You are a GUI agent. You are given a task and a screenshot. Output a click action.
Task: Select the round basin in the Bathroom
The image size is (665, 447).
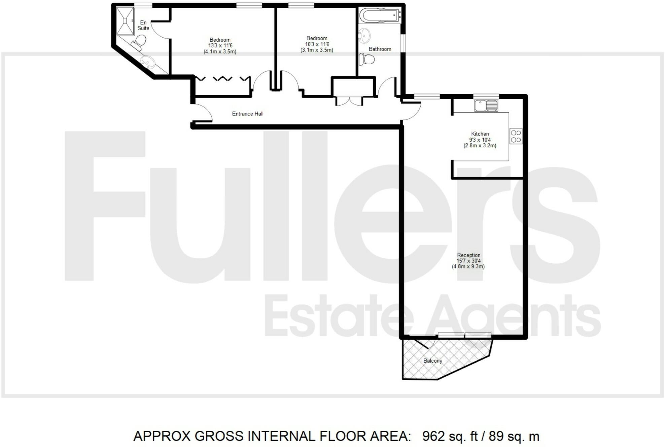pos(364,36)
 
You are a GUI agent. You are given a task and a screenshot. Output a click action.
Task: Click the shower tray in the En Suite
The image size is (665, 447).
pos(125,21)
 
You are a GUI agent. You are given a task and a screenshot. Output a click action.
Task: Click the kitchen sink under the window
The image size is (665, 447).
pos(486,106)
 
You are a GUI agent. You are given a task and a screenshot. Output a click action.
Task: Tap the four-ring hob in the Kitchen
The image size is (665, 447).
pos(516,136)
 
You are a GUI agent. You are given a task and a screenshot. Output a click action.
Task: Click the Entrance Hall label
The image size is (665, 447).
pos(248,114)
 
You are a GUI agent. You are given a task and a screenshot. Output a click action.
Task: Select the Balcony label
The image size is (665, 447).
pos(432,361)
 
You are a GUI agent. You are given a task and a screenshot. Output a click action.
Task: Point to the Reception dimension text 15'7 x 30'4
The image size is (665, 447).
pos(468,261)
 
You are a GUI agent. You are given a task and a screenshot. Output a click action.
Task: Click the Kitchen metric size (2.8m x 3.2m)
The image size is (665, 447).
pos(480,146)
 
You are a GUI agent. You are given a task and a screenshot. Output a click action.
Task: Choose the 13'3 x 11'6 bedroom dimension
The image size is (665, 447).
pos(220,46)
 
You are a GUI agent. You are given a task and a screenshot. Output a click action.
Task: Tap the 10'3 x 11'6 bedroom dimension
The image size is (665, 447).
pos(317,44)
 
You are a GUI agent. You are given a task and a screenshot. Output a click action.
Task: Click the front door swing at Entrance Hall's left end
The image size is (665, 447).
pos(203,113)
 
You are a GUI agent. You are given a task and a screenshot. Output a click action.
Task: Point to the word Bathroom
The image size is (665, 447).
pos(380,49)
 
